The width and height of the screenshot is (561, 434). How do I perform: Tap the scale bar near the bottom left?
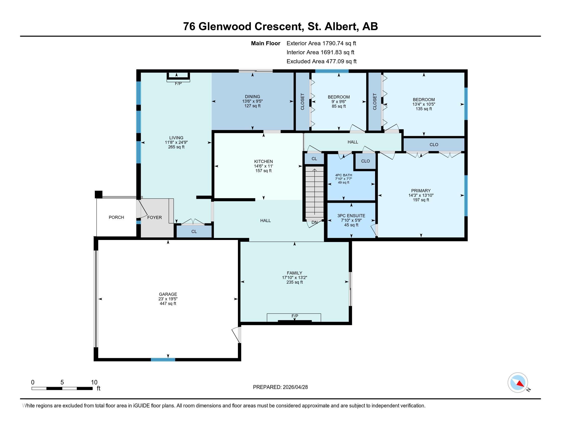click(62, 388)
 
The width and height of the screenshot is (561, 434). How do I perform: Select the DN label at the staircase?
click(314, 222)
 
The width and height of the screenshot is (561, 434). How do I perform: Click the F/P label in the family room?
click(295, 316)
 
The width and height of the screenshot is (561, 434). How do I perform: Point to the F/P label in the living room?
click(178, 83)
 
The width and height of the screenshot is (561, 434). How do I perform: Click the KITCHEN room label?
click(264, 161)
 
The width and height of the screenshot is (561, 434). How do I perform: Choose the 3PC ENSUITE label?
click(351, 216)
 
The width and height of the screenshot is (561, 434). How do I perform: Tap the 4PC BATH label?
click(344, 175)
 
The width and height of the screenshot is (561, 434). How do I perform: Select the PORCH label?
click(116, 217)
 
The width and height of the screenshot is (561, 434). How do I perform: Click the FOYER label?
click(154, 218)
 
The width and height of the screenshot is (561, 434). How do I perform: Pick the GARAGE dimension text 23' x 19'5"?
click(168, 299)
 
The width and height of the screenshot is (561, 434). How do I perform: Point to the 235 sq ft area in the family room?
click(295, 282)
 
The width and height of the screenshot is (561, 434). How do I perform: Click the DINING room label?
click(252, 97)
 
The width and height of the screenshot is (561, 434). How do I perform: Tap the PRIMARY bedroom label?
click(421, 190)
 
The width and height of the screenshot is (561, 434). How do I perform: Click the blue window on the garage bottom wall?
click(163, 359)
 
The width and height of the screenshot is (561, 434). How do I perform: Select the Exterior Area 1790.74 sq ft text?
click(321, 43)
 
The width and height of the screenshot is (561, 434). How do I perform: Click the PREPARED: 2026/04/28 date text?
click(280, 387)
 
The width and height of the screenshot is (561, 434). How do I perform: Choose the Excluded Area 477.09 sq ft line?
click(322, 61)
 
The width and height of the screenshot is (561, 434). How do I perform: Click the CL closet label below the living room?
click(194, 231)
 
